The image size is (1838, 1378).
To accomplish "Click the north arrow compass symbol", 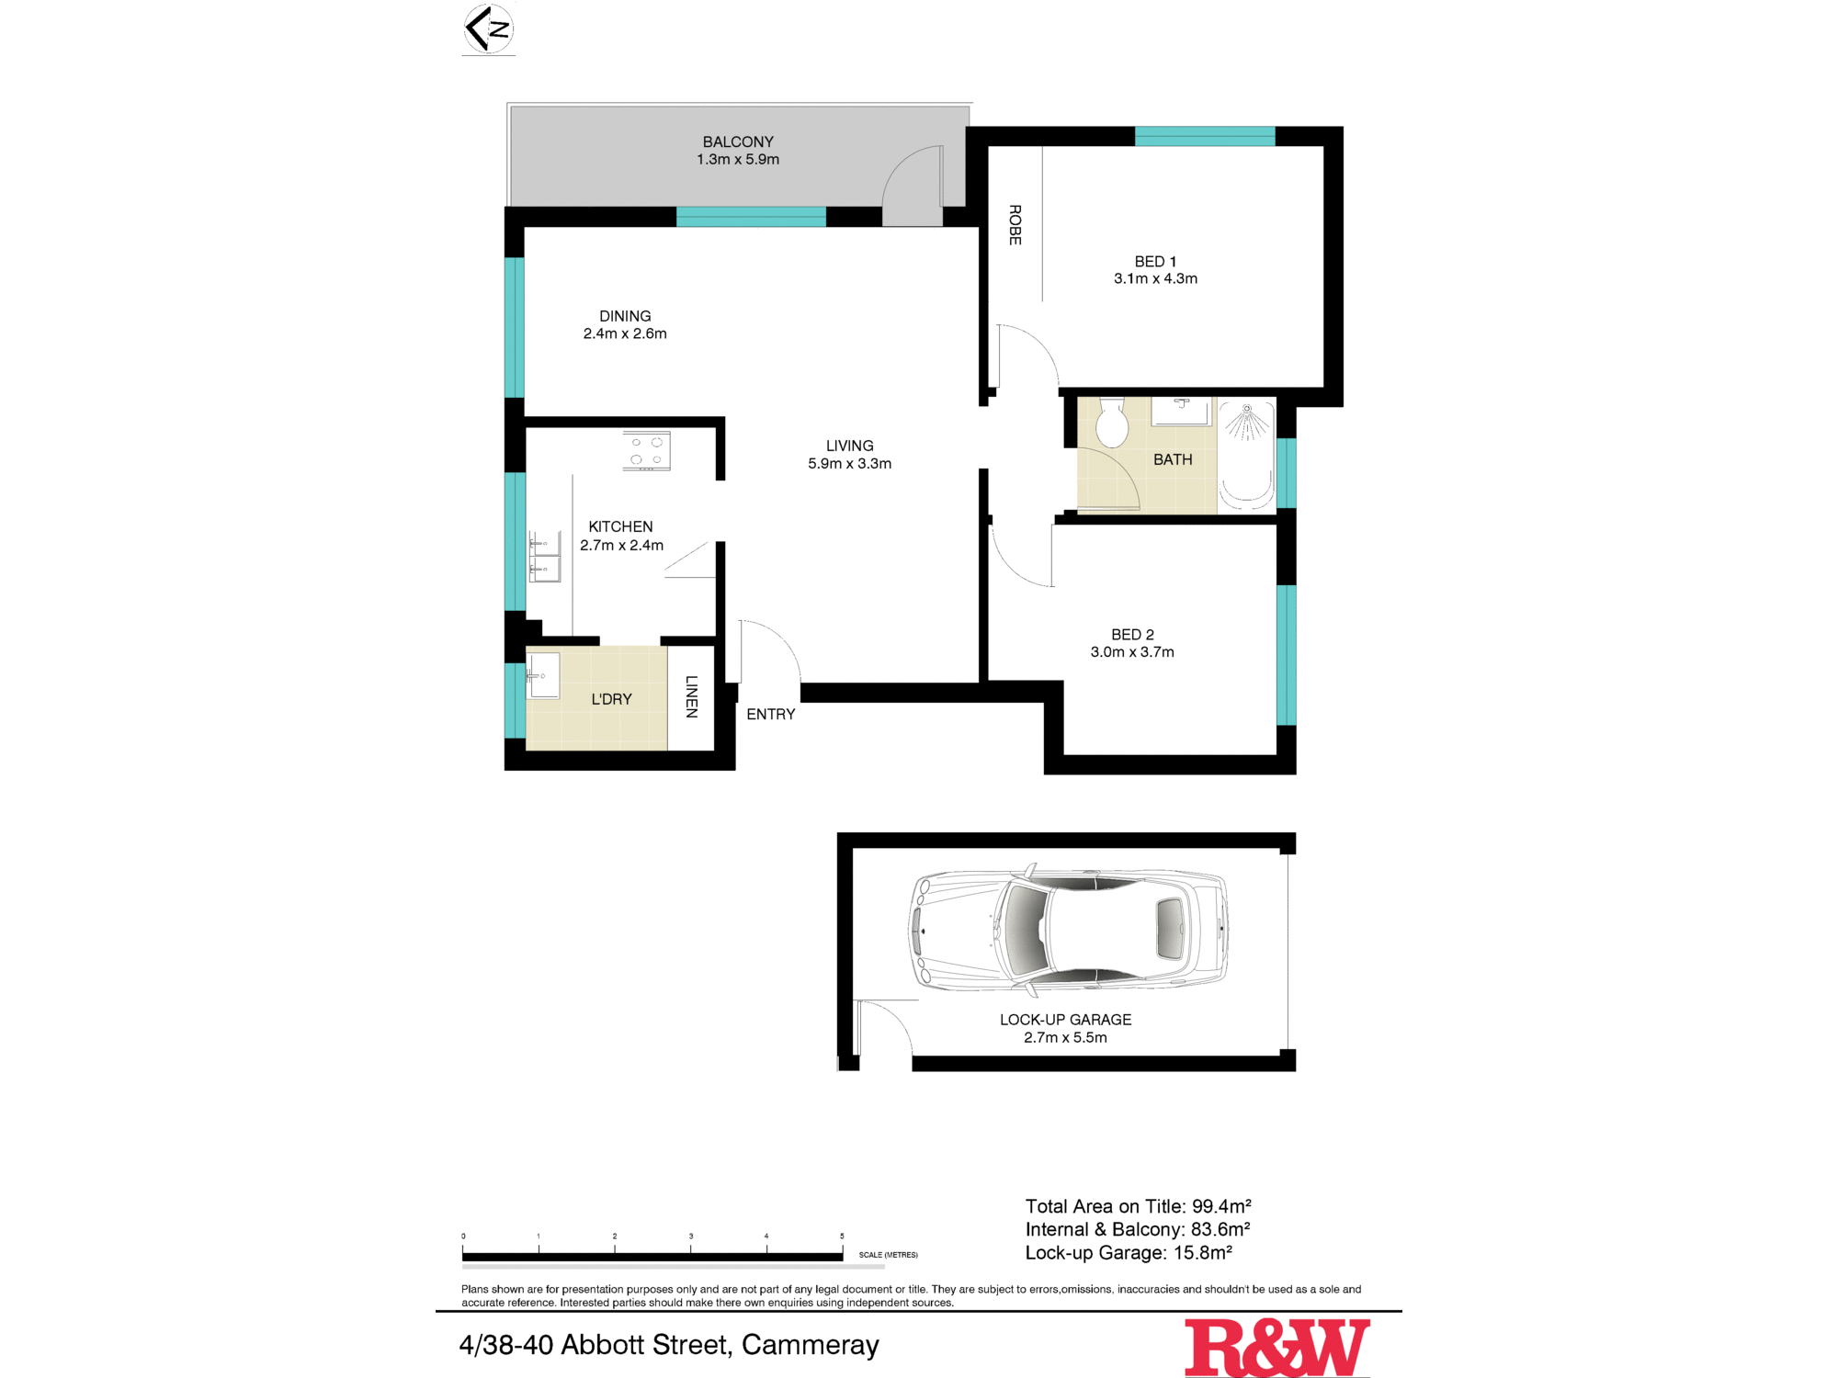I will point(488,29).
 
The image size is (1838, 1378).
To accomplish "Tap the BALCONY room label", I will point(738,141).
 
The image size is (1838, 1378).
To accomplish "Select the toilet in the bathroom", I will point(1112,422).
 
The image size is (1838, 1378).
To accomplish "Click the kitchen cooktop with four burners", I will point(646,451).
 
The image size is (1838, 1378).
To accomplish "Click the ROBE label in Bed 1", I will point(1015,224).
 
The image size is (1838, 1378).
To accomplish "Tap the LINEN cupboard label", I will point(692,696).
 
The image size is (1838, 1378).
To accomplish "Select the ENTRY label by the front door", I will point(770,714).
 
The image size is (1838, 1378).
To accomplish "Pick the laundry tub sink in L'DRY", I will point(542,676).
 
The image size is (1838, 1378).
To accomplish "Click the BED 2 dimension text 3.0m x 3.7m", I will point(1132,652).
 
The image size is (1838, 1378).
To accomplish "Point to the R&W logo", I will point(1276,1347).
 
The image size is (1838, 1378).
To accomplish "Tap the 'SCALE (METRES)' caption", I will point(888,1255).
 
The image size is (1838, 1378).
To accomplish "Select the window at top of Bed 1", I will point(1205,137).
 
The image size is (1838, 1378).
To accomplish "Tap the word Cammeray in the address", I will point(810,1345).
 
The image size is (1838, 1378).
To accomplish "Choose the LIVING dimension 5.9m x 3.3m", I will point(849,464).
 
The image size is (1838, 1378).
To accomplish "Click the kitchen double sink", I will point(545,557).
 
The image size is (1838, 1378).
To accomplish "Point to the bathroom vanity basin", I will point(1181,410).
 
